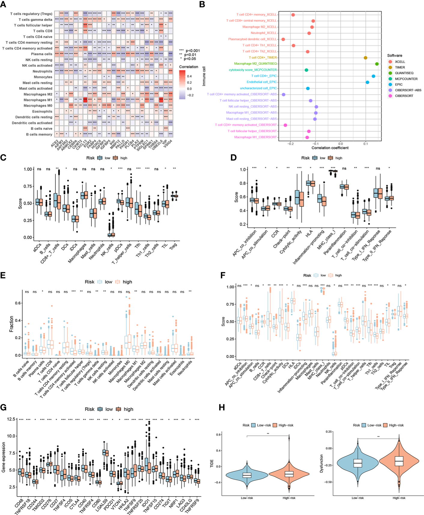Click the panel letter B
click(x=202, y=5)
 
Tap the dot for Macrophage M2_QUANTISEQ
click(x=377, y=64)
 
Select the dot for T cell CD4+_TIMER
click(x=365, y=58)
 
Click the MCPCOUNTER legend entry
click(x=406, y=79)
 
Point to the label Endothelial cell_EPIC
click(x=261, y=82)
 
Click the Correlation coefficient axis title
click(x=330, y=148)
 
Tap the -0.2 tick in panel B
click(x=290, y=144)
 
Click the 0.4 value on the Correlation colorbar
click(x=189, y=76)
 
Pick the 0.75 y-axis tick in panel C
click(x=28, y=187)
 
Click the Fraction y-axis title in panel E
click(x=11, y=324)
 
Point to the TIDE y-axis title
click(x=212, y=463)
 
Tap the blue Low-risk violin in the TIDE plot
click(x=247, y=475)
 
